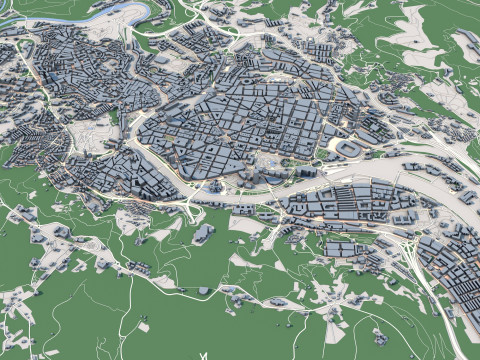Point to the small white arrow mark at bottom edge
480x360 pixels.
click(203, 355)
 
